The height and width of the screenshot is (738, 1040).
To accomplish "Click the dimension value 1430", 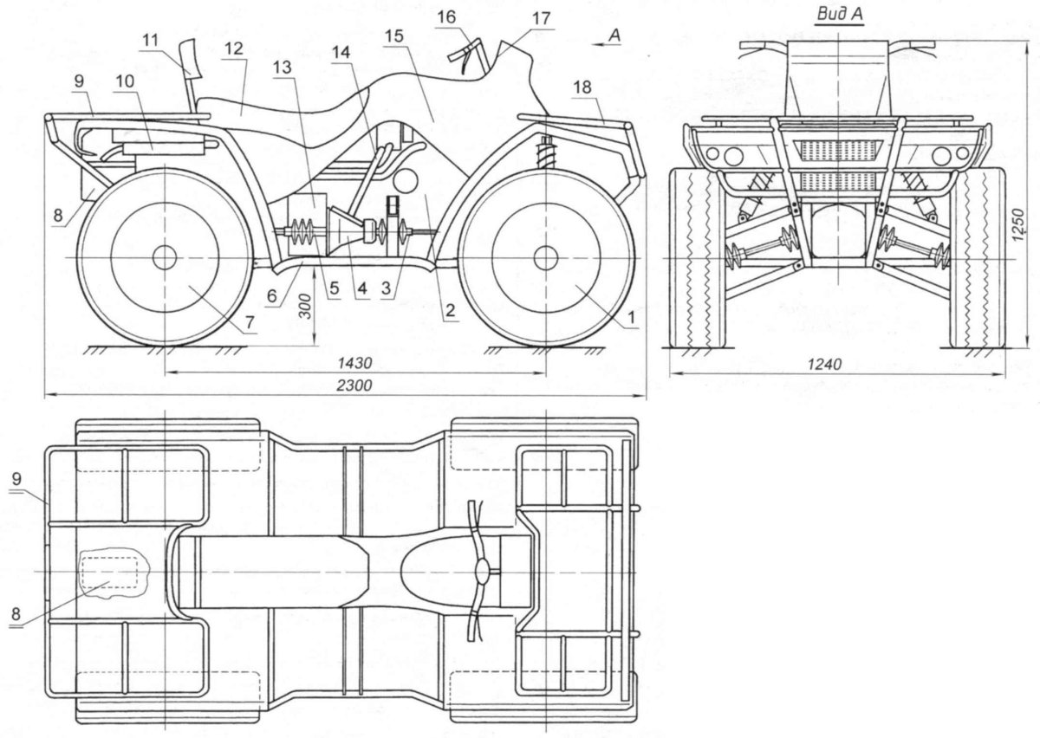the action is pyautogui.click(x=354, y=363).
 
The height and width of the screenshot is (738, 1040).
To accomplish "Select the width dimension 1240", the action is pyautogui.click(x=824, y=365).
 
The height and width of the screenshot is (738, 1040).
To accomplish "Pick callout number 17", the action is pyautogui.click(x=541, y=18).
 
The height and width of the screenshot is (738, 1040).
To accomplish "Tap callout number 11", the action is pyautogui.click(x=150, y=41).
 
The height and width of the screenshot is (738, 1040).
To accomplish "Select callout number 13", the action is pyautogui.click(x=282, y=68).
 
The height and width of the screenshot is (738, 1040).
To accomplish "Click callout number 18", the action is pyautogui.click(x=582, y=87).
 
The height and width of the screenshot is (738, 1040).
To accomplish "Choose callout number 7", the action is pyautogui.click(x=250, y=321).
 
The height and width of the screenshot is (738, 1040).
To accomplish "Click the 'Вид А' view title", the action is pyautogui.click(x=840, y=14).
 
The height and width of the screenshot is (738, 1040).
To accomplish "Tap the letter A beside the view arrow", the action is pyautogui.click(x=614, y=36).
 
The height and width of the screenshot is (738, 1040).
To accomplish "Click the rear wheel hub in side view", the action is pyautogui.click(x=165, y=257).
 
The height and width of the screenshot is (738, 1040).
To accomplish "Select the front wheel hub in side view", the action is pyautogui.click(x=545, y=257).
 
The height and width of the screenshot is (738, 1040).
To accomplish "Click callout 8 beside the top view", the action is pyautogui.click(x=16, y=614).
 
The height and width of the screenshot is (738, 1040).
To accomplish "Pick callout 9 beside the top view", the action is pyautogui.click(x=16, y=477).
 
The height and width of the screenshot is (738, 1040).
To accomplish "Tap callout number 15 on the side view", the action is pyautogui.click(x=394, y=36).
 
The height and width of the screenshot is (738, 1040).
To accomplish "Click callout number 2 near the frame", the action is pyautogui.click(x=450, y=310).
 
